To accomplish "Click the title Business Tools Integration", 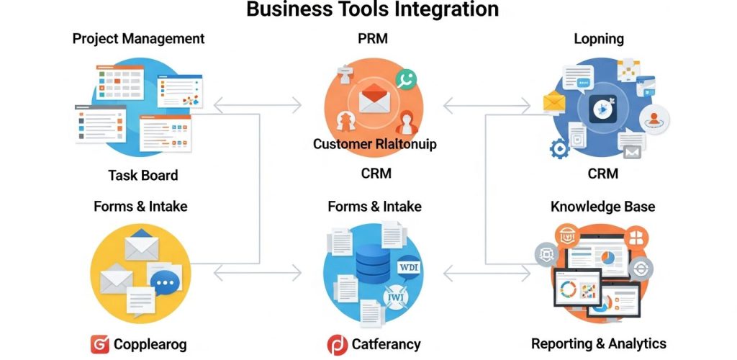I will click(x=372, y=9).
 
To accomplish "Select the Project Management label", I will click(x=138, y=39).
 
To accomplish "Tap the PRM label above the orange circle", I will click(x=374, y=39).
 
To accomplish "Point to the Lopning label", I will click(x=598, y=39).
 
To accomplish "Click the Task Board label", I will click(x=143, y=175).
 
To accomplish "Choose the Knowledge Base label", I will click(x=602, y=207).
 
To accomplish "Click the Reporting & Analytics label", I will click(x=598, y=343).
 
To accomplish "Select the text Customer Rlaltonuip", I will click(x=374, y=144).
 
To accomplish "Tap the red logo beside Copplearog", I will click(x=100, y=344).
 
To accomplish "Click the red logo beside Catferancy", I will click(x=337, y=344).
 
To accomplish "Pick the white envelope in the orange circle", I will click(x=374, y=98).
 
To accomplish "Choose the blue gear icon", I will click(x=559, y=149).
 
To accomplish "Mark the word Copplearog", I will click(x=150, y=344).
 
